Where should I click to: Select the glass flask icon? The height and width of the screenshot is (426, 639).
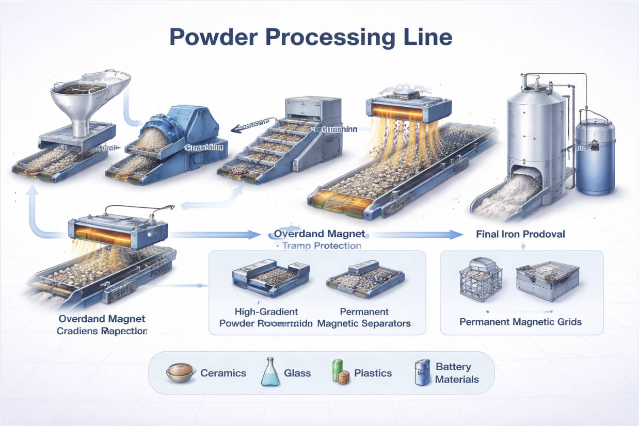pyautogui.click(x=270, y=372)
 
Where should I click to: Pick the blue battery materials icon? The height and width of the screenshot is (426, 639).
pyautogui.click(x=422, y=372)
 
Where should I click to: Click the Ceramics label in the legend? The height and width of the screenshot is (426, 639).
pyautogui.click(x=223, y=373)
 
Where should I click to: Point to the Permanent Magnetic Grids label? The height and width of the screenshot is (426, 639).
pyautogui.click(x=520, y=322)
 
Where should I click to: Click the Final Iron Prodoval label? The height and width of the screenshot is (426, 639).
pyautogui.click(x=520, y=234)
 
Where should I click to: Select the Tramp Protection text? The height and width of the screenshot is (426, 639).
pyautogui.click(x=320, y=246)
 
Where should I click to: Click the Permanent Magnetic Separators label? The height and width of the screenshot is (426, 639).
pyautogui.click(x=364, y=318)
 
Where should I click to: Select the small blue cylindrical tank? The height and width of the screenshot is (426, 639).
pyautogui.click(x=595, y=155)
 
